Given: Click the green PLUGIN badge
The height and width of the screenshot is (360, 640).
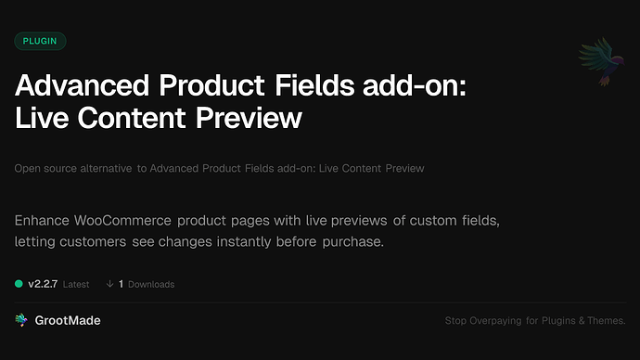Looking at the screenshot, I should pyautogui.click(x=40, y=41).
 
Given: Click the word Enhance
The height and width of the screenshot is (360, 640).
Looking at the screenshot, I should pyautogui.click(x=43, y=222).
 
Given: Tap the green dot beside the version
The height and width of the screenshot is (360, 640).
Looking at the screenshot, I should pyautogui.click(x=19, y=284).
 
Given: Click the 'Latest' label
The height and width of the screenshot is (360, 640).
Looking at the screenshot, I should pyautogui.click(x=76, y=284).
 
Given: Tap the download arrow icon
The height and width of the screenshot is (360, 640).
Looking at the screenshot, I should pyautogui.click(x=109, y=284).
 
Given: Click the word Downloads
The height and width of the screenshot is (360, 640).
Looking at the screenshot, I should pyautogui.click(x=151, y=284).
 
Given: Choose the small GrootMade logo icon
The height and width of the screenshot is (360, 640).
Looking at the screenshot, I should pyautogui.click(x=21, y=320).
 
